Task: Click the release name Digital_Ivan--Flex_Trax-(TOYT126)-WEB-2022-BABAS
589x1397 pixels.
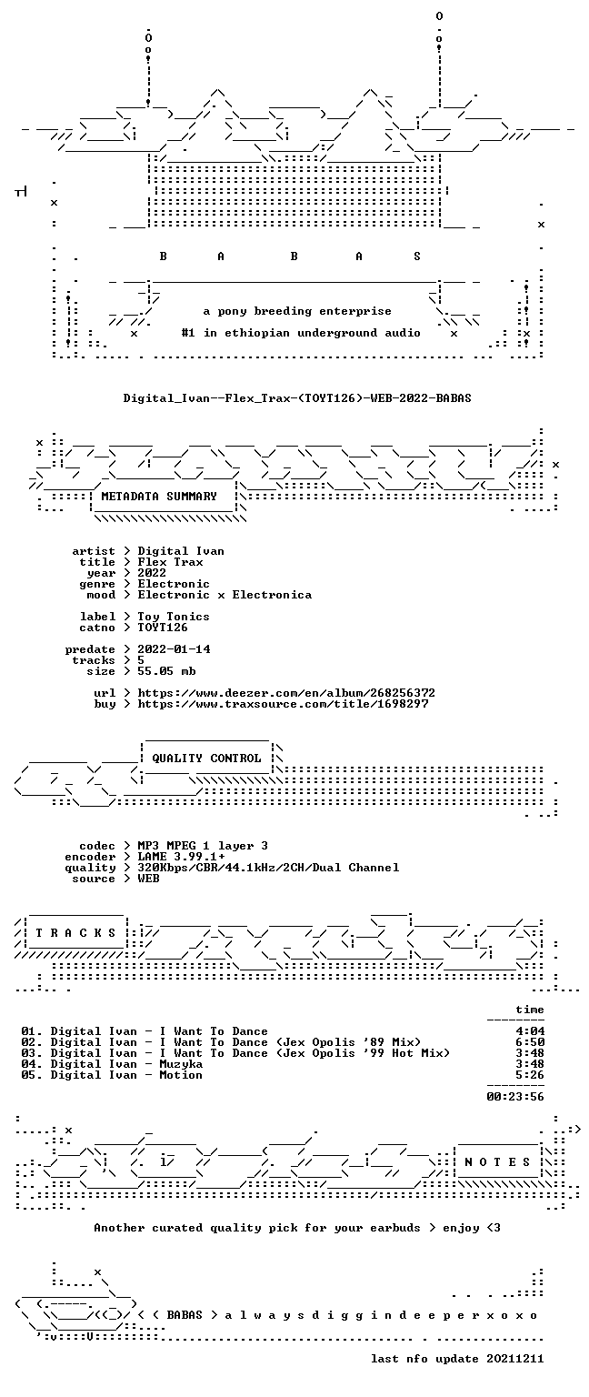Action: pyautogui.click(x=297, y=397)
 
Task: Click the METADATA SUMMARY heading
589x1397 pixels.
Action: pyautogui.click(x=159, y=497)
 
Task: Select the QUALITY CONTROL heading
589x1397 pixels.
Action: pyautogui.click(x=206, y=759)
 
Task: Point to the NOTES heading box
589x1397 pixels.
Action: pyautogui.click(x=498, y=1161)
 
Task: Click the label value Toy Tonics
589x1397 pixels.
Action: pyautogui.click(x=174, y=617)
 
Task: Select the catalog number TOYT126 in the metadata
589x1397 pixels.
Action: pyautogui.click(x=163, y=628)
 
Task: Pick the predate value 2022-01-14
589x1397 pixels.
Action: pyautogui.click(x=174, y=649)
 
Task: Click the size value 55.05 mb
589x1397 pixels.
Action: pyautogui.click(x=166, y=671)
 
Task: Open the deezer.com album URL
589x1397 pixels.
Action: pyautogui.click(x=286, y=693)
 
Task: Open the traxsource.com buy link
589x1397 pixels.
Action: pyautogui.click(x=283, y=704)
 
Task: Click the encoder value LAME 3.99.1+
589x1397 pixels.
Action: pyautogui.click(x=181, y=857)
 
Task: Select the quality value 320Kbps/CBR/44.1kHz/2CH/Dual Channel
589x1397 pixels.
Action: pyautogui.click(x=269, y=868)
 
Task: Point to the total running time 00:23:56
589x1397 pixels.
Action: pyautogui.click(x=515, y=1097)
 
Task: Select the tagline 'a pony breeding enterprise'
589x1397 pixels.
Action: pyautogui.click(x=297, y=311)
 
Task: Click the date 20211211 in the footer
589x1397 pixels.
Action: pyautogui.click(x=514, y=1359)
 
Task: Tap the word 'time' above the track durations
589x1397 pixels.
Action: pyautogui.click(x=530, y=1010)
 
